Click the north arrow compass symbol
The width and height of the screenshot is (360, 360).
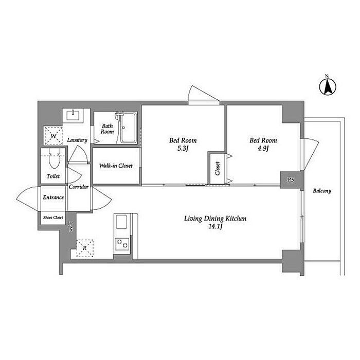click(x=328, y=86)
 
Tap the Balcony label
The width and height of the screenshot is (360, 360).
click(x=322, y=191)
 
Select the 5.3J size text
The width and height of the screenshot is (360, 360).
click(x=183, y=149)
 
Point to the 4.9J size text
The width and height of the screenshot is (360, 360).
click(x=263, y=148)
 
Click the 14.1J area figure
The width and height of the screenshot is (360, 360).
click(x=215, y=227)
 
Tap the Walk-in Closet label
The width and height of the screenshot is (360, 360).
click(x=116, y=166)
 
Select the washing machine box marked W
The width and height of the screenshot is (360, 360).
click(x=53, y=136)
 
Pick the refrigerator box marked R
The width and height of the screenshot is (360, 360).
click(x=85, y=248)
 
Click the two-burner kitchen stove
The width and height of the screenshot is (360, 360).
click(x=122, y=244)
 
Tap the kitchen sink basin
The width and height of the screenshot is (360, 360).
click(x=121, y=222)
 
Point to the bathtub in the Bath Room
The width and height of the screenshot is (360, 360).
click(x=128, y=128)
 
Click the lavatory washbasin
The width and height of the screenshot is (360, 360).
click(x=73, y=115)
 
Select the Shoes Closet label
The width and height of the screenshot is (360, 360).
click(x=53, y=217)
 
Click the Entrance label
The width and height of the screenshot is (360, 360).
click(x=53, y=197)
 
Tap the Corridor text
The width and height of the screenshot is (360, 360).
click(x=79, y=187)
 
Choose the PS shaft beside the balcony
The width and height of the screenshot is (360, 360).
click(x=291, y=180)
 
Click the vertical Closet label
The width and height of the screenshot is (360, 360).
click(x=218, y=168)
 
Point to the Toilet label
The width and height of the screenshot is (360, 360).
click(x=53, y=176)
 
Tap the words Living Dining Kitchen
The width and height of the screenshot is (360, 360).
click(x=215, y=219)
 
